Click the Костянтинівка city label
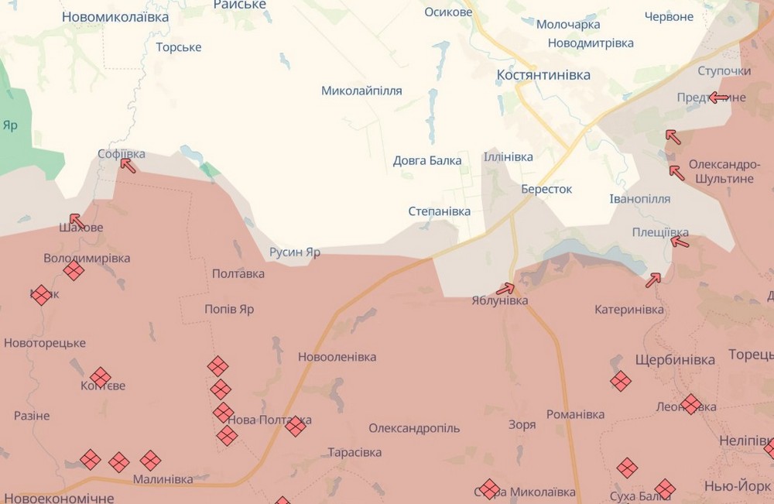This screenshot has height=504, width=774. (543, 75)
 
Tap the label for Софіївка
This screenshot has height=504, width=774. (122, 154)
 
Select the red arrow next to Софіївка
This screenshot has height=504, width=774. (128, 165)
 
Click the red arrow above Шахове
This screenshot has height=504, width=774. (77, 221)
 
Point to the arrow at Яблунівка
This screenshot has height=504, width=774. (505, 290)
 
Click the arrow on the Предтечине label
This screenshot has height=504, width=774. (719, 98)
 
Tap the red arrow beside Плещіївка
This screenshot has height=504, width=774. (680, 242)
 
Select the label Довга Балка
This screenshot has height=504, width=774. (427, 161)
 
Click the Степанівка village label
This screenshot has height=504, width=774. (439, 211)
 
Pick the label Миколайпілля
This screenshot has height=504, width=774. (361, 91)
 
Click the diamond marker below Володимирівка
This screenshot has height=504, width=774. (74, 270)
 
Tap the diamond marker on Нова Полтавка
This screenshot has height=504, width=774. (296, 426)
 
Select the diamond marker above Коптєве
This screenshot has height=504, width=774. (100, 377)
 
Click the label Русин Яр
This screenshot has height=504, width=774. (294, 252)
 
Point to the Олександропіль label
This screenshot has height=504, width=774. (414, 428)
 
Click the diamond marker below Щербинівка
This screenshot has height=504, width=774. (620, 381)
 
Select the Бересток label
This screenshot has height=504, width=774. (546, 189)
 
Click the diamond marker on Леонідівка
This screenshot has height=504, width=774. (690, 404)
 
